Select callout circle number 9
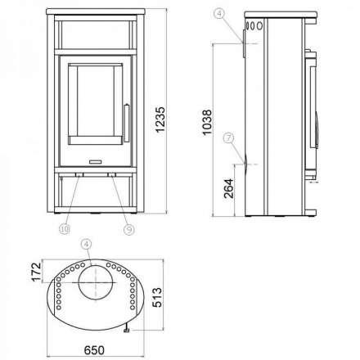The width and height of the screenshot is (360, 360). click(x=128, y=229)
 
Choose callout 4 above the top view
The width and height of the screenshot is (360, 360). click(x=87, y=243)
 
